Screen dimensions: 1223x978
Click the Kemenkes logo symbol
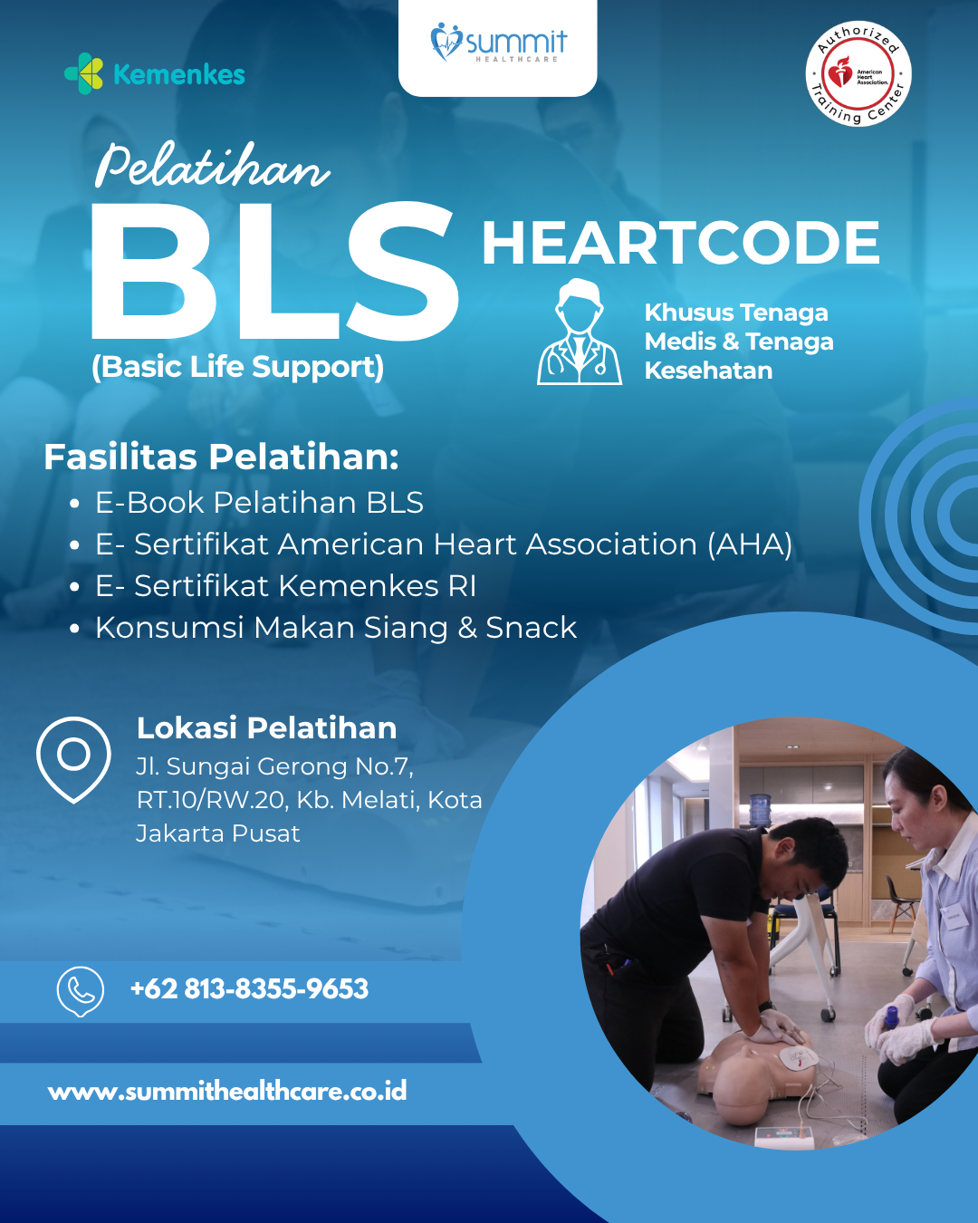click(x=84, y=73)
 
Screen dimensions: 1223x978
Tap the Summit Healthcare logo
click(x=498, y=43)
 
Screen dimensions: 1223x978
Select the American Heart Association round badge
click(x=858, y=73)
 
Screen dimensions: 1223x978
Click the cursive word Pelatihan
click(x=212, y=166)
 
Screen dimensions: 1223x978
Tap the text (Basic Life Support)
click(x=237, y=367)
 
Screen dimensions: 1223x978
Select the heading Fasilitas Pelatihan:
click(x=221, y=457)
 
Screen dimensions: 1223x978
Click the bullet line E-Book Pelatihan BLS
click(x=259, y=503)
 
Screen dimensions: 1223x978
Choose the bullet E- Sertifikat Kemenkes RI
click(x=285, y=586)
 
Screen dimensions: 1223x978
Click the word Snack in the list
click(x=531, y=628)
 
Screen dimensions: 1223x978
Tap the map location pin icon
click(x=73, y=758)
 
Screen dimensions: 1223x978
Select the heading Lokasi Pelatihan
click(x=266, y=727)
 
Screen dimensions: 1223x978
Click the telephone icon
click(x=81, y=990)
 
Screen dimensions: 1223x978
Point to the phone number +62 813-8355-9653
click(x=249, y=988)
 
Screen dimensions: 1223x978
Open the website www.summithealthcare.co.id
click(x=227, y=1091)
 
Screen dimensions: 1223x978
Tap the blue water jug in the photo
click(x=760, y=810)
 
